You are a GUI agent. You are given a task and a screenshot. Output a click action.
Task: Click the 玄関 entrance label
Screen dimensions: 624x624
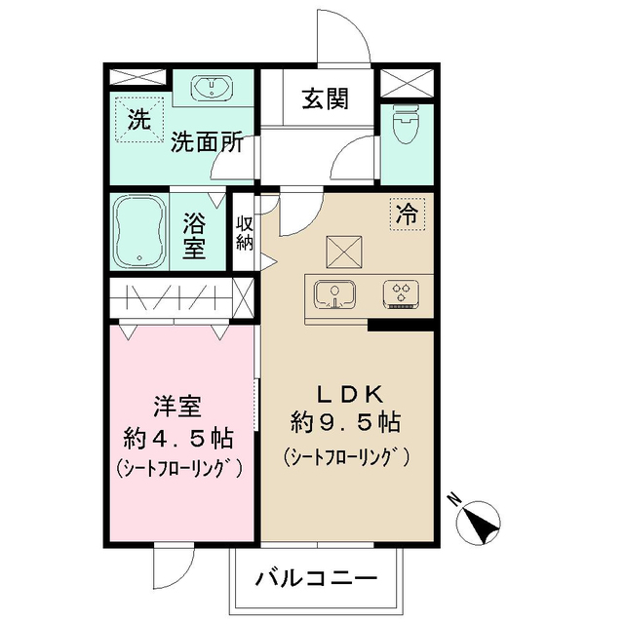[x=325, y=98]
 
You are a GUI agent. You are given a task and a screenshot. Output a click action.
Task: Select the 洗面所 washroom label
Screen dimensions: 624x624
[x=206, y=142]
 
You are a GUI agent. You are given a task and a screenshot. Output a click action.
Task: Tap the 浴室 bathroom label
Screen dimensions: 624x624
[x=194, y=234]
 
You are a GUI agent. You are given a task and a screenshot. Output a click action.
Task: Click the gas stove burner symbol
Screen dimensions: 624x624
[x=402, y=292]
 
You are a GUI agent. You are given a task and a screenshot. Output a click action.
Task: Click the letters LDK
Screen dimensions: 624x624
[x=345, y=394]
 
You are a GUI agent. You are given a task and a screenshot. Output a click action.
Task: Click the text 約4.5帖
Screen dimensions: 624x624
[x=178, y=435]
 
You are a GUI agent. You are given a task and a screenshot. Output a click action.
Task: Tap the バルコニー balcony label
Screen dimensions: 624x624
[x=317, y=577]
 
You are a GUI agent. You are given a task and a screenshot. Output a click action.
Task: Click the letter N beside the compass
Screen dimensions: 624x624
[x=454, y=499]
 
